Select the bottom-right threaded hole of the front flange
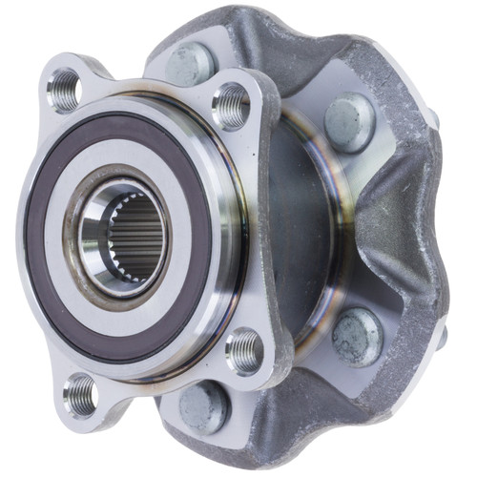(x=243, y=351)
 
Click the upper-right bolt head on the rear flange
(x=348, y=122)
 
